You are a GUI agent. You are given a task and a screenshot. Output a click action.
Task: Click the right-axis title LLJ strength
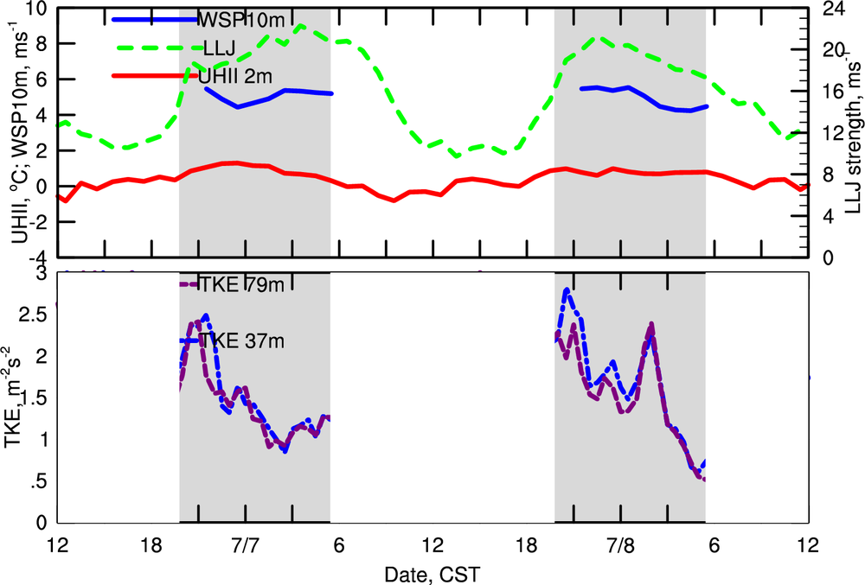click(x=850, y=130)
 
